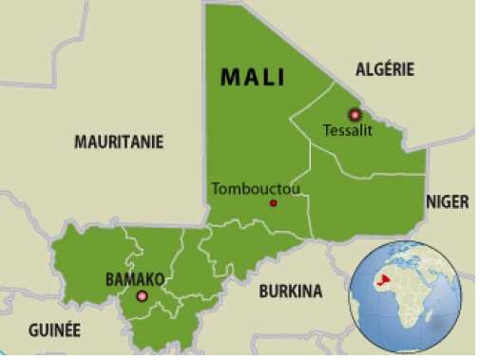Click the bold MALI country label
coord(252,78)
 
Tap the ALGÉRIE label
coord(385,68)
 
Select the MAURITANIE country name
coord(119,142)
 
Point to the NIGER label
coord(447,200)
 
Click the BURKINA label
coord(290,292)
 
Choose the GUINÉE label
coord(54,331)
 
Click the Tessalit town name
coord(348,130)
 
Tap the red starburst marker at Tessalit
coord(355,114)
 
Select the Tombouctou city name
coord(256,188)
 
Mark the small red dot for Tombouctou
coord(274,202)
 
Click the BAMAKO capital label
coord(135,279)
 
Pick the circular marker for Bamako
coord(143,296)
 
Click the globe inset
coord(405,297)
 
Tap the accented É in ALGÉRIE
coord(389,68)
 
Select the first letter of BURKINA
coord(264,292)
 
